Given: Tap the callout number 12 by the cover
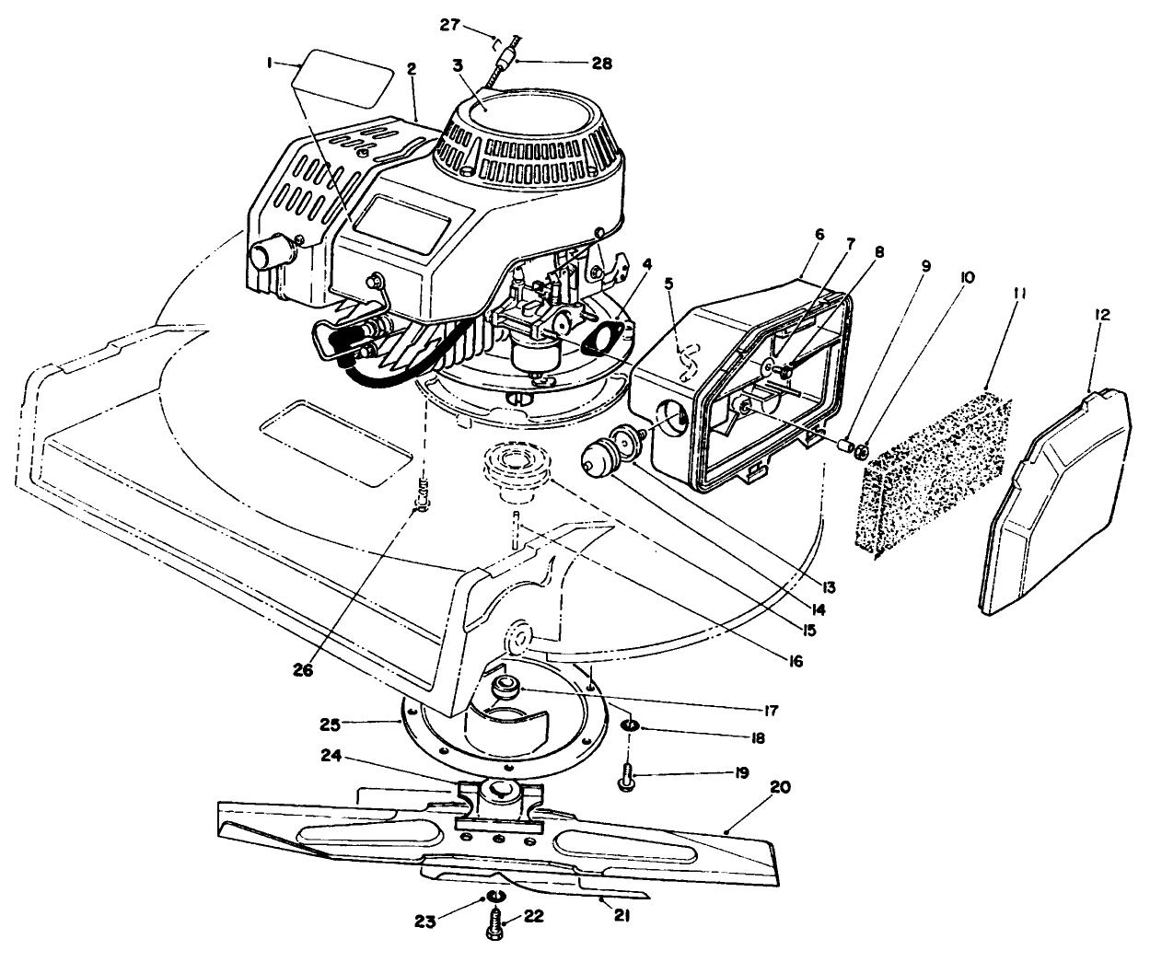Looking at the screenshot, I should (x=1102, y=315).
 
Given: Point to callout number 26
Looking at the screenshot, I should (x=304, y=670).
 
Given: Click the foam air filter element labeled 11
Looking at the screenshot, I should (x=935, y=474).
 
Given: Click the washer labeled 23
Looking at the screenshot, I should (x=495, y=898).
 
